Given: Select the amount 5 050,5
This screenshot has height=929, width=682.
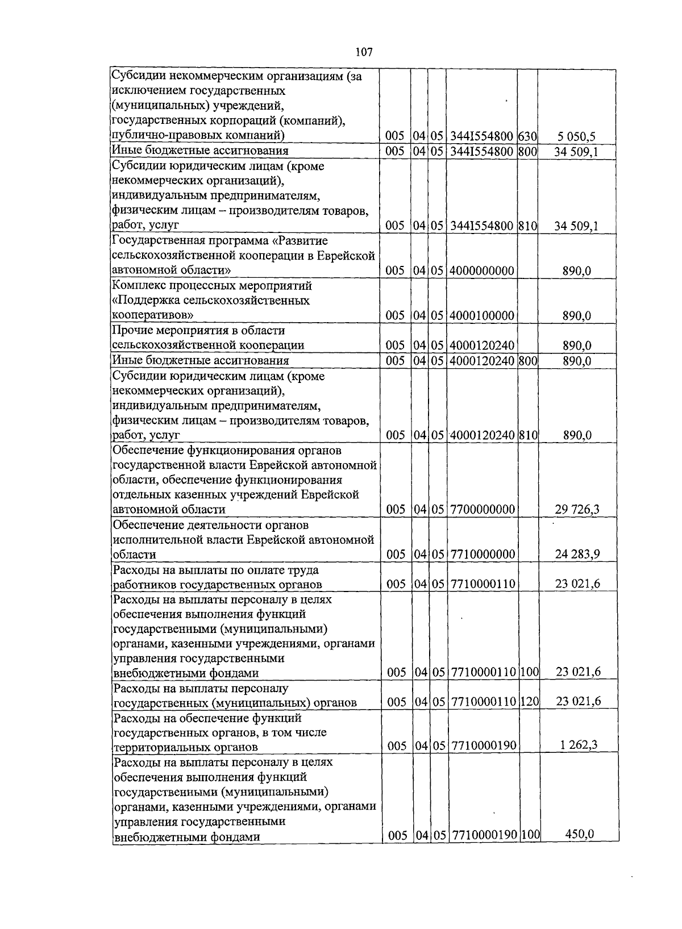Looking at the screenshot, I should point(576,136).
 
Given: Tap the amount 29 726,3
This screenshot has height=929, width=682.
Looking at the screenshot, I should point(577,509).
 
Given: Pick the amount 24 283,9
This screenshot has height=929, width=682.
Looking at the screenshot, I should point(577,554).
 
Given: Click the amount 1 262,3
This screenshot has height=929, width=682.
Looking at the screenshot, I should point(579,745).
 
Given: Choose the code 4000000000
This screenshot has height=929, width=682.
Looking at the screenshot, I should point(482,270).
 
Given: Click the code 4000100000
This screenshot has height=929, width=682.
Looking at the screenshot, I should point(482,315).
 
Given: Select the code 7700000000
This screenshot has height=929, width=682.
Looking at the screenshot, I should point(483,509).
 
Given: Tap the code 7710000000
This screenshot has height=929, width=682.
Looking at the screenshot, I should point(483,554).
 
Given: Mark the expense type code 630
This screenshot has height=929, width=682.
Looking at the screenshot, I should point(527,136).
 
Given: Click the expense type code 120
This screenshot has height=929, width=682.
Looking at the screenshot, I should point(529,702).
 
